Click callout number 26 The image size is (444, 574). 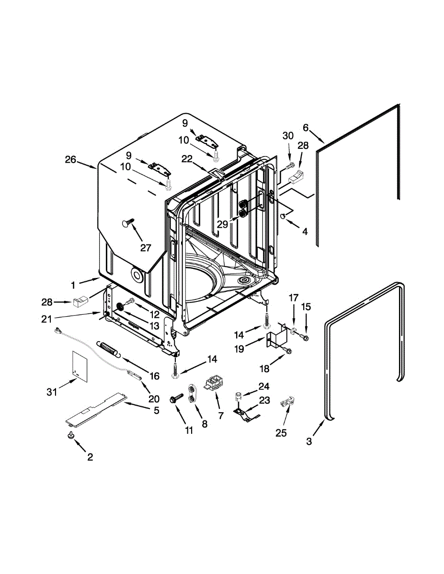[x=70, y=160]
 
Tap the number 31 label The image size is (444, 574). [x=52, y=392]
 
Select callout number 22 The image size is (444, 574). [x=186, y=158]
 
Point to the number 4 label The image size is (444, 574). [x=305, y=231]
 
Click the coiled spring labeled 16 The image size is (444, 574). [x=110, y=348]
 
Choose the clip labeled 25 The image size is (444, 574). [x=286, y=406]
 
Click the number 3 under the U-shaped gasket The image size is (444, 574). [x=309, y=442]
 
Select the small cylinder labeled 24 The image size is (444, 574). [x=238, y=396]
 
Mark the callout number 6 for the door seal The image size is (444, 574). [x=306, y=128]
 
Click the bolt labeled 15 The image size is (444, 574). [x=305, y=338]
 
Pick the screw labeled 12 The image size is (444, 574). [x=129, y=302]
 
